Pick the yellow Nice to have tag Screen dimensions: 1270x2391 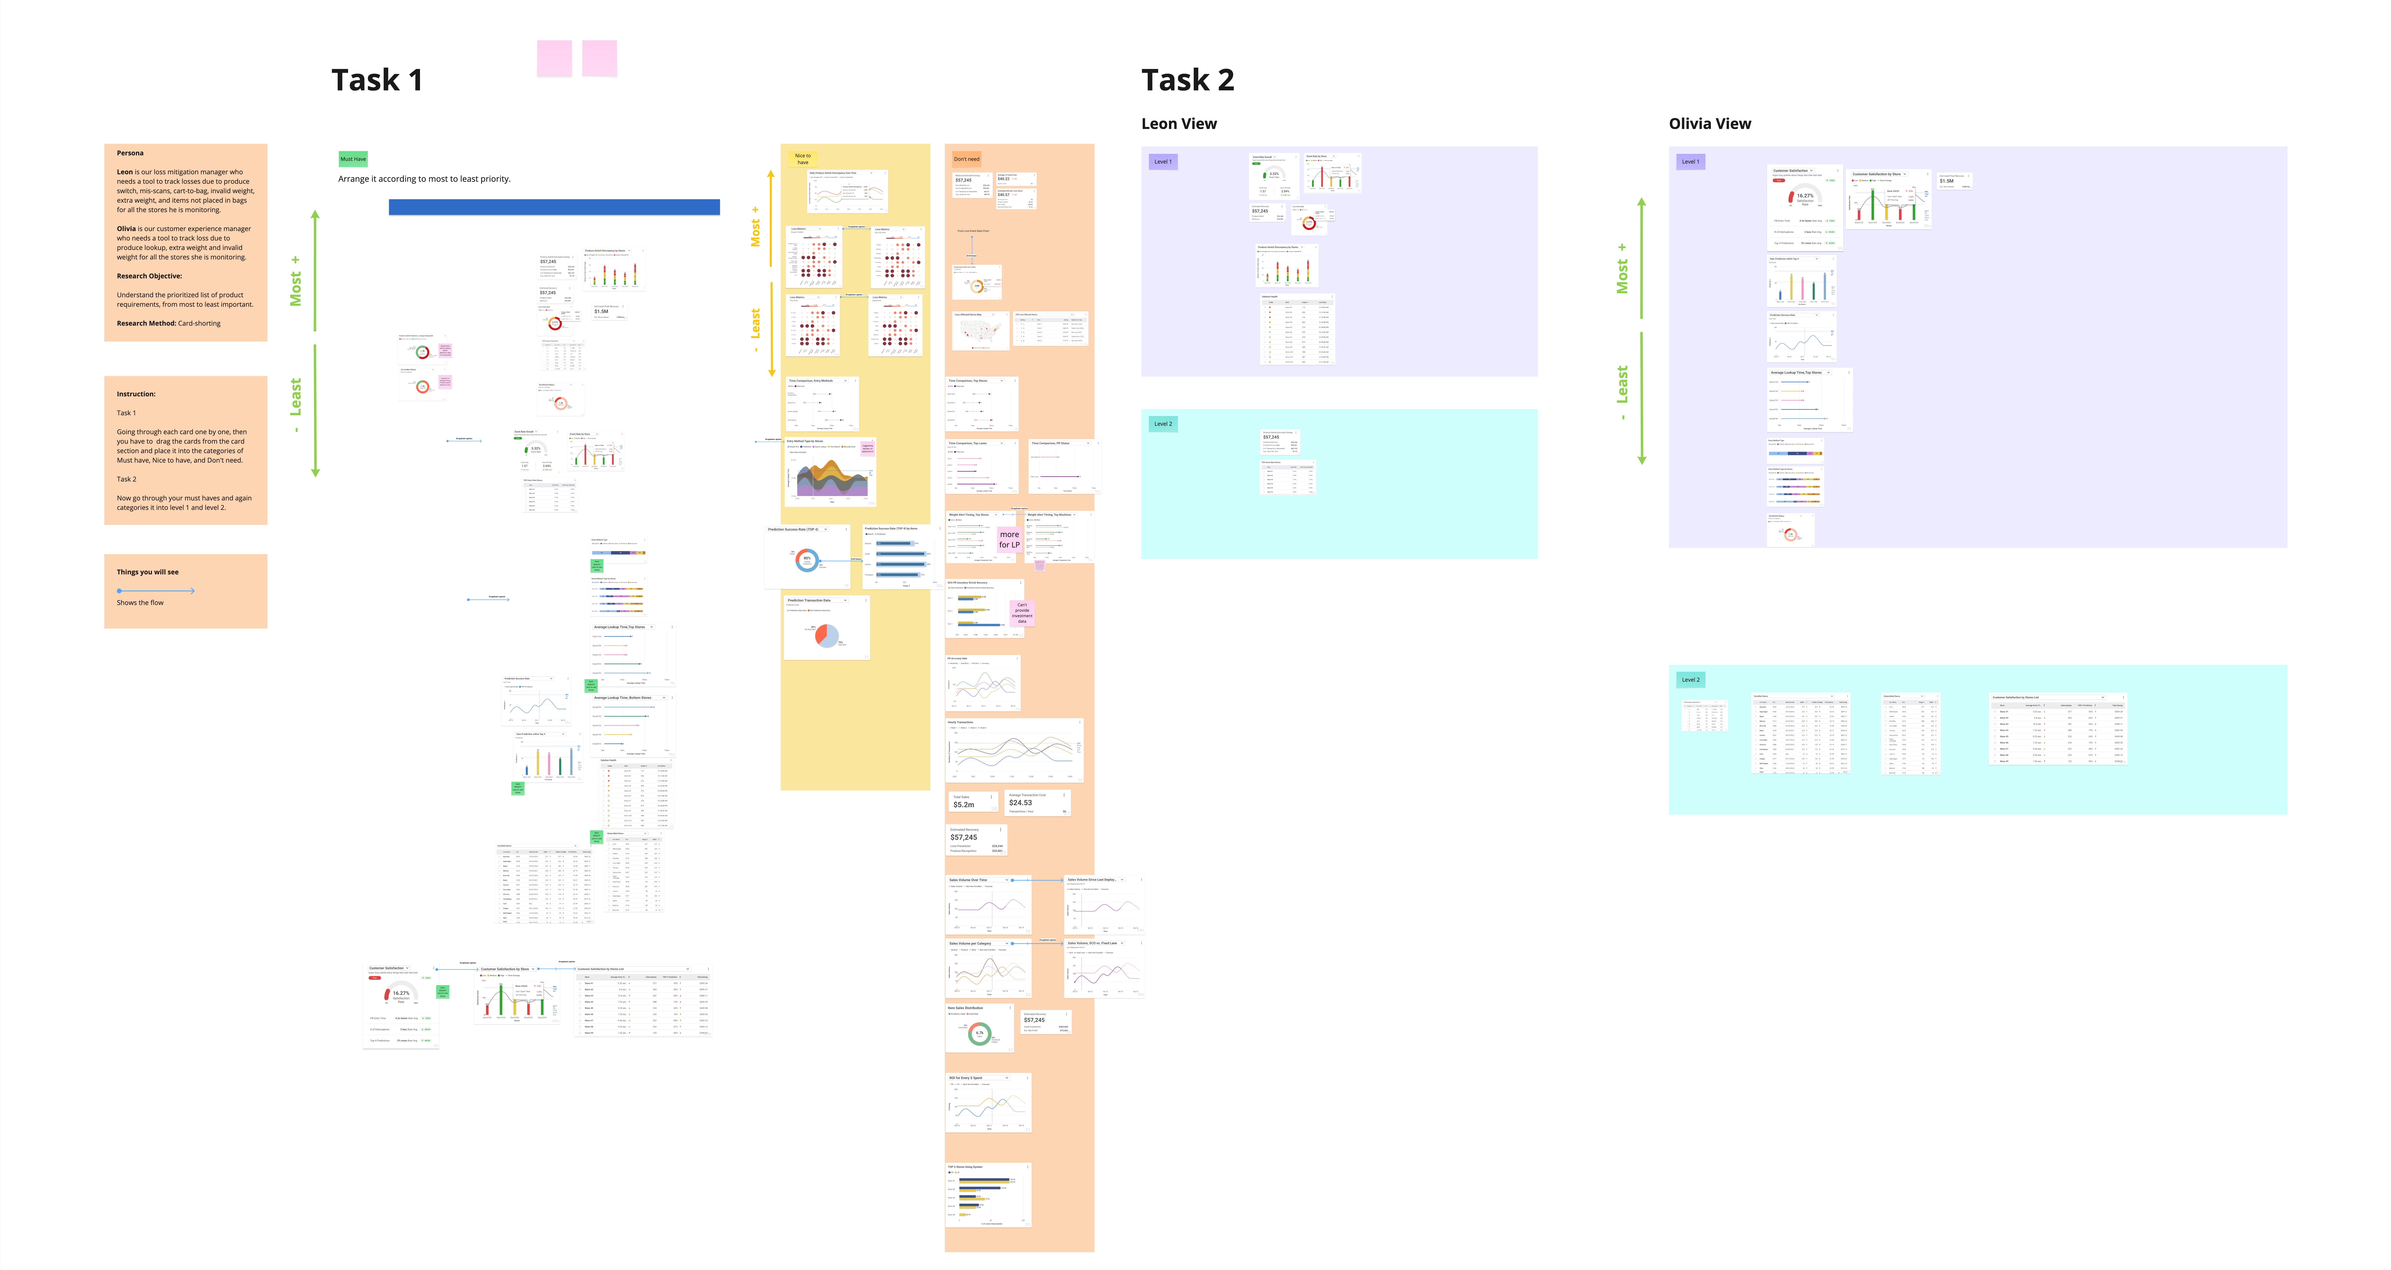click(802, 159)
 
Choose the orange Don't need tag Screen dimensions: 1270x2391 click(966, 159)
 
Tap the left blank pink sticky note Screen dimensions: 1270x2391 click(554, 59)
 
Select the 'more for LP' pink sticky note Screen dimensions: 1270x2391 click(1009, 539)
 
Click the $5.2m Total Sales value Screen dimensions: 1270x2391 click(963, 805)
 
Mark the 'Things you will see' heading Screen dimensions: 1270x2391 click(148, 572)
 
